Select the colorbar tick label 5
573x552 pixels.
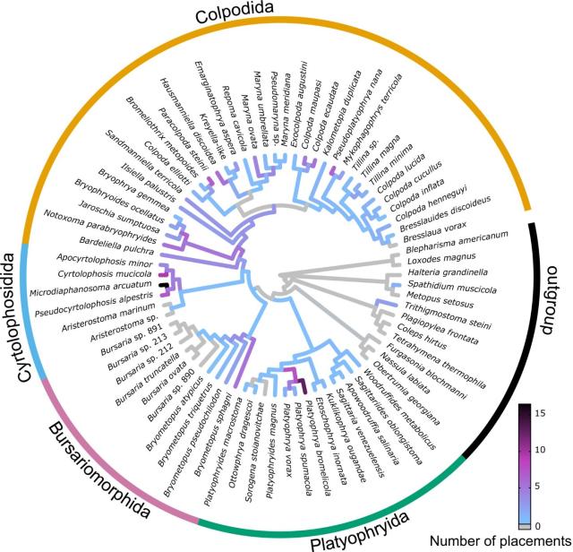click(545, 487)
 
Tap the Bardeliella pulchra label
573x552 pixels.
click(119, 237)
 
